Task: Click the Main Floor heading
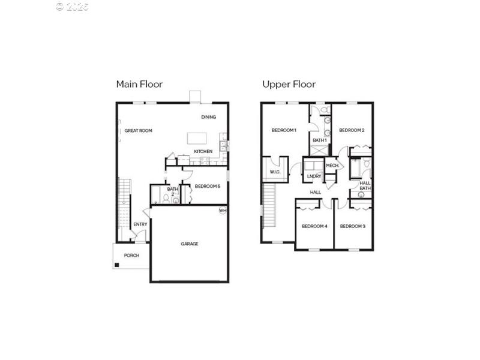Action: [x=139, y=84]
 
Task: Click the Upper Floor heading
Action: [x=289, y=84]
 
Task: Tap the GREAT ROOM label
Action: [x=138, y=130]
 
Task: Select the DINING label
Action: [x=208, y=117]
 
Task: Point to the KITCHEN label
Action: [x=203, y=151]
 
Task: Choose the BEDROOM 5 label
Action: [x=208, y=186]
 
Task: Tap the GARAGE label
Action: [x=190, y=244]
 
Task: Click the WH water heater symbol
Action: [x=223, y=211]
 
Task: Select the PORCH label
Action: [x=131, y=256]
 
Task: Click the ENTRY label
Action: [x=140, y=224]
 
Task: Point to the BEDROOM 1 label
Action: [x=284, y=130]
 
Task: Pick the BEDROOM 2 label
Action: [x=352, y=130]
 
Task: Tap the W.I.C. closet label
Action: [x=275, y=172]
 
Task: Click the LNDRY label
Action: [x=314, y=176]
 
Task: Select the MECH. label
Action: [x=332, y=165]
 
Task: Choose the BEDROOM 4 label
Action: [x=314, y=226]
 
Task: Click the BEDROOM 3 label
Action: [x=353, y=226]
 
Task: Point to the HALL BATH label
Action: [x=365, y=185]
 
